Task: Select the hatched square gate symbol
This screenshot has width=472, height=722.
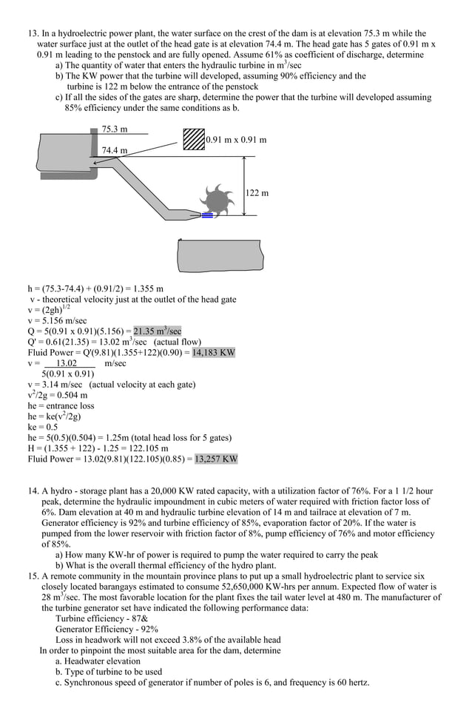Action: (194, 139)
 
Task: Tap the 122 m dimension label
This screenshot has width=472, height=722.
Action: (257, 193)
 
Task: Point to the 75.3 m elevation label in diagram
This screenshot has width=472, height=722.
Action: (115, 129)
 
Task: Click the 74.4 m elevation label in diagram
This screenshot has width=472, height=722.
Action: (115, 150)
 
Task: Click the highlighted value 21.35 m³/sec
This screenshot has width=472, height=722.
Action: (157, 331)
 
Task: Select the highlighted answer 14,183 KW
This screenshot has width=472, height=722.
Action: (213, 353)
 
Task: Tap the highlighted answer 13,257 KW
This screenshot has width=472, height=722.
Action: (216, 459)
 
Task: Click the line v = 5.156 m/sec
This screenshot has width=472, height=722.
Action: (57, 321)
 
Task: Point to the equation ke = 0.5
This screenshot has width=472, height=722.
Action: (43, 427)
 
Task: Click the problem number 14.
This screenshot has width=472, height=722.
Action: (33, 491)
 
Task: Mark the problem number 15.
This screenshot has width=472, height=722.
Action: (33, 576)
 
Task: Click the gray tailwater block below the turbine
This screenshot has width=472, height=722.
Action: (220, 256)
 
